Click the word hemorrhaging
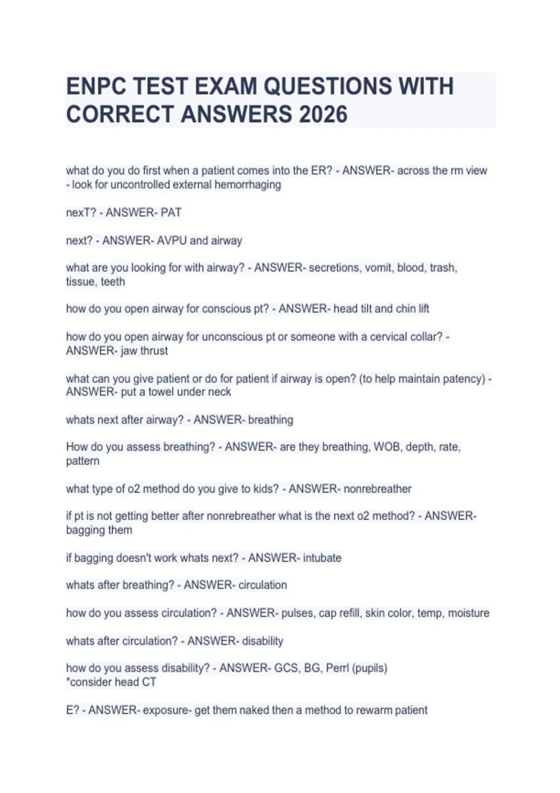pyautogui.click(x=248, y=185)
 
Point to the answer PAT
pyautogui.click(x=171, y=213)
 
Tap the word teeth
pyautogui.click(x=113, y=282)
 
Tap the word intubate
pyautogui.click(x=322, y=558)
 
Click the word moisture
pyautogui.click(x=469, y=613)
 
